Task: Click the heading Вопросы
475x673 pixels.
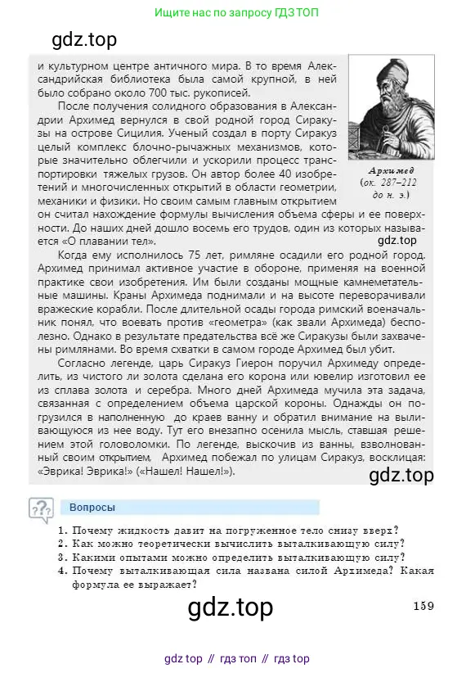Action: pos(92,507)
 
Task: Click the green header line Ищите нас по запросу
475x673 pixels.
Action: pos(237,13)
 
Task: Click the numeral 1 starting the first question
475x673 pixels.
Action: pos(62,530)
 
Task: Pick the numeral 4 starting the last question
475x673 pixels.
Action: pos(62,570)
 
